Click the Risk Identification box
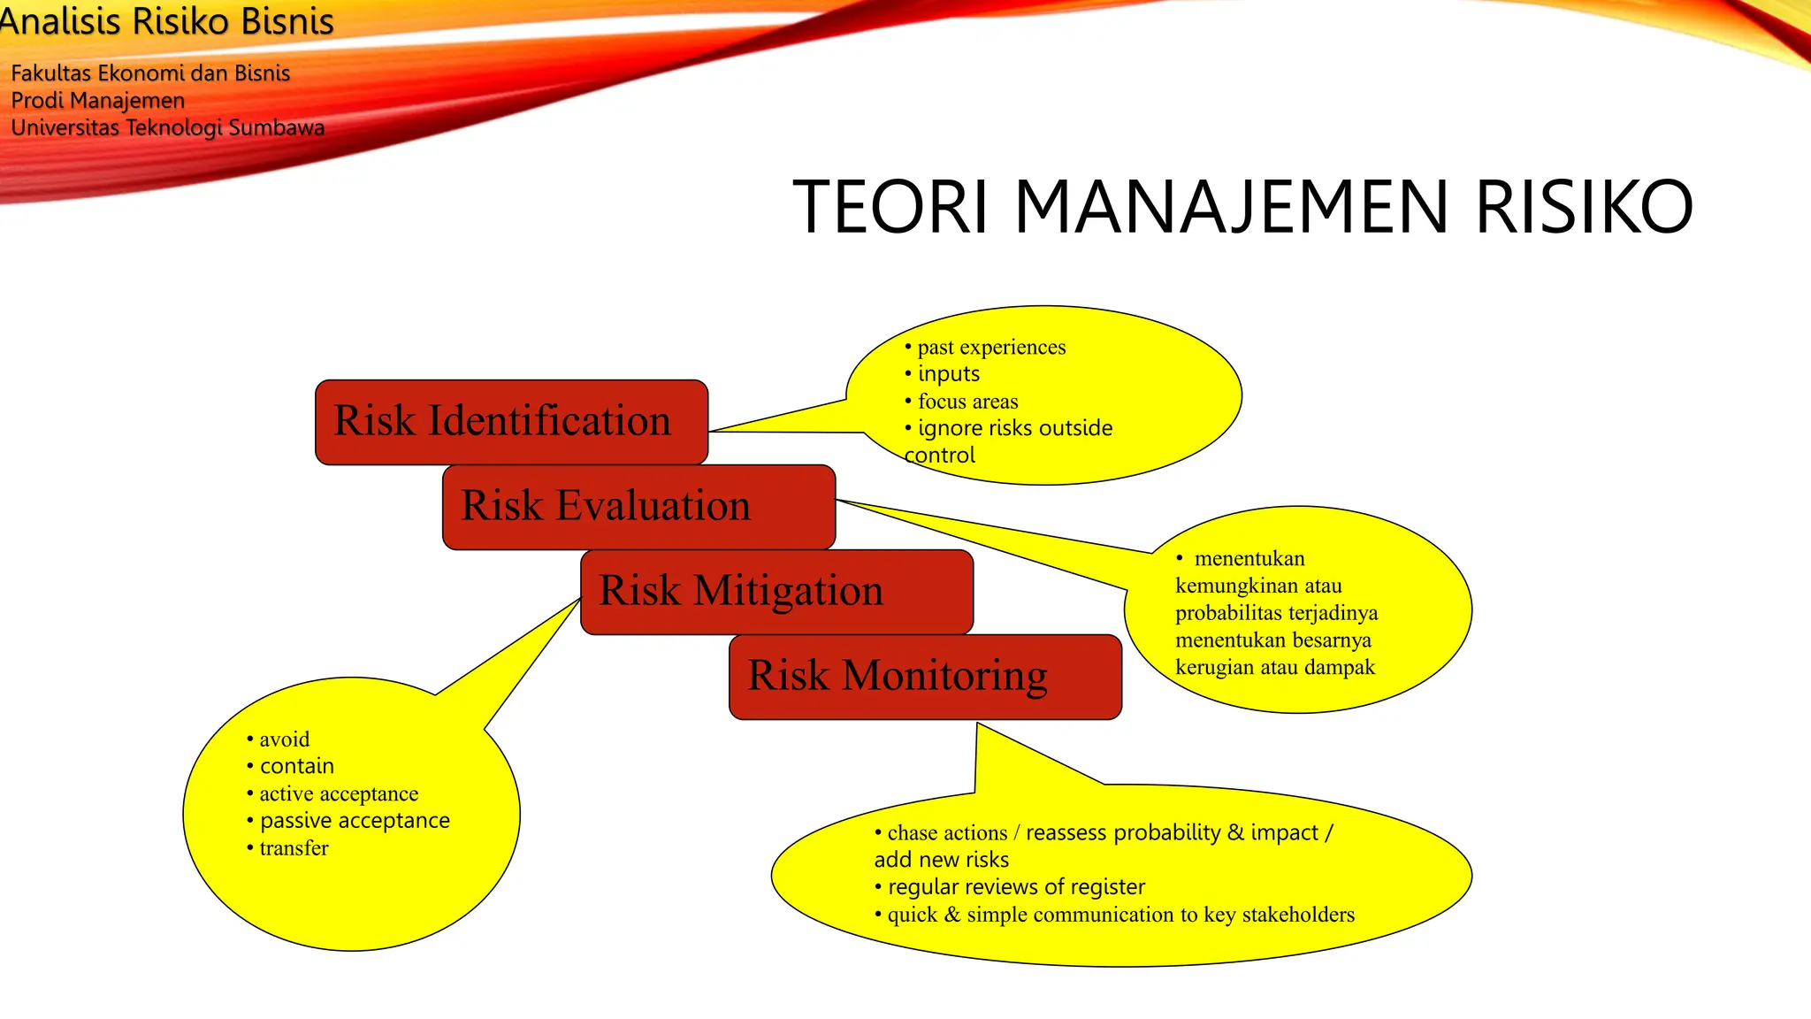(x=510, y=421)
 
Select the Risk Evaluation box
(x=638, y=506)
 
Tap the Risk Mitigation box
(x=776, y=591)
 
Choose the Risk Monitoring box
(x=924, y=676)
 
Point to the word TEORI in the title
(x=890, y=208)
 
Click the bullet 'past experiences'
(x=990, y=347)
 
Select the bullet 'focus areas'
(x=967, y=402)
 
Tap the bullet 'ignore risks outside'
(x=1014, y=428)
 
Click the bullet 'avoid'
(x=284, y=739)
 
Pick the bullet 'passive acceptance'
(x=354, y=821)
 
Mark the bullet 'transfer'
(x=294, y=848)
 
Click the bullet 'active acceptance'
(x=338, y=794)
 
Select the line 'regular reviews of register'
(x=1015, y=887)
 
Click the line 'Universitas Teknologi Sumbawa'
(x=167, y=128)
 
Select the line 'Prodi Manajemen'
(x=97, y=101)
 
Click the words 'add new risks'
(x=941, y=860)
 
